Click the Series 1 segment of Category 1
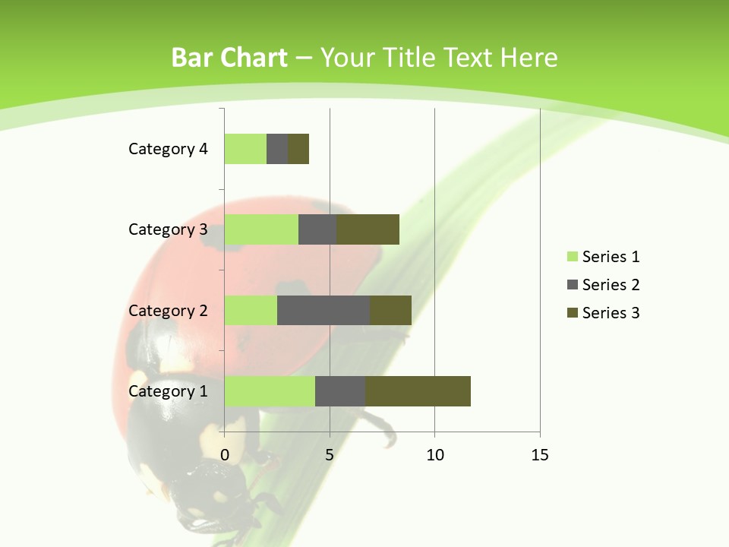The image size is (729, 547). (x=270, y=391)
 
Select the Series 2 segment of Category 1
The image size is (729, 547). (x=340, y=391)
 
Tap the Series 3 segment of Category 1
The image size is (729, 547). (x=418, y=391)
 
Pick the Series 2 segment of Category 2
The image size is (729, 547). (x=323, y=310)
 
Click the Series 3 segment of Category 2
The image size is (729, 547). (x=390, y=310)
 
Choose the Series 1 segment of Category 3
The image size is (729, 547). (x=261, y=229)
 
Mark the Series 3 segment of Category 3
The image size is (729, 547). (x=368, y=229)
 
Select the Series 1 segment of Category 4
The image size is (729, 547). (x=245, y=149)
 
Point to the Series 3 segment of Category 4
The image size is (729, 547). (x=298, y=149)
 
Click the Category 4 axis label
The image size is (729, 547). (x=168, y=149)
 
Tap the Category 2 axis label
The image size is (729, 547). (x=168, y=310)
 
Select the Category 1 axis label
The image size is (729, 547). (x=168, y=391)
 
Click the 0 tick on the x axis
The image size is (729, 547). (x=225, y=455)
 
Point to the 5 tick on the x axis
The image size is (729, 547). (x=330, y=455)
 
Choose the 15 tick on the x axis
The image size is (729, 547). (x=539, y=455)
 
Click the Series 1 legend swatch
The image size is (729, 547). (x=572, y=257)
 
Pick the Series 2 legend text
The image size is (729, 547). (x=611, y=285)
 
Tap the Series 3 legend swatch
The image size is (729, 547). (x=572, y=313)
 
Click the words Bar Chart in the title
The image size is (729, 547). (x=229, y=58)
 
